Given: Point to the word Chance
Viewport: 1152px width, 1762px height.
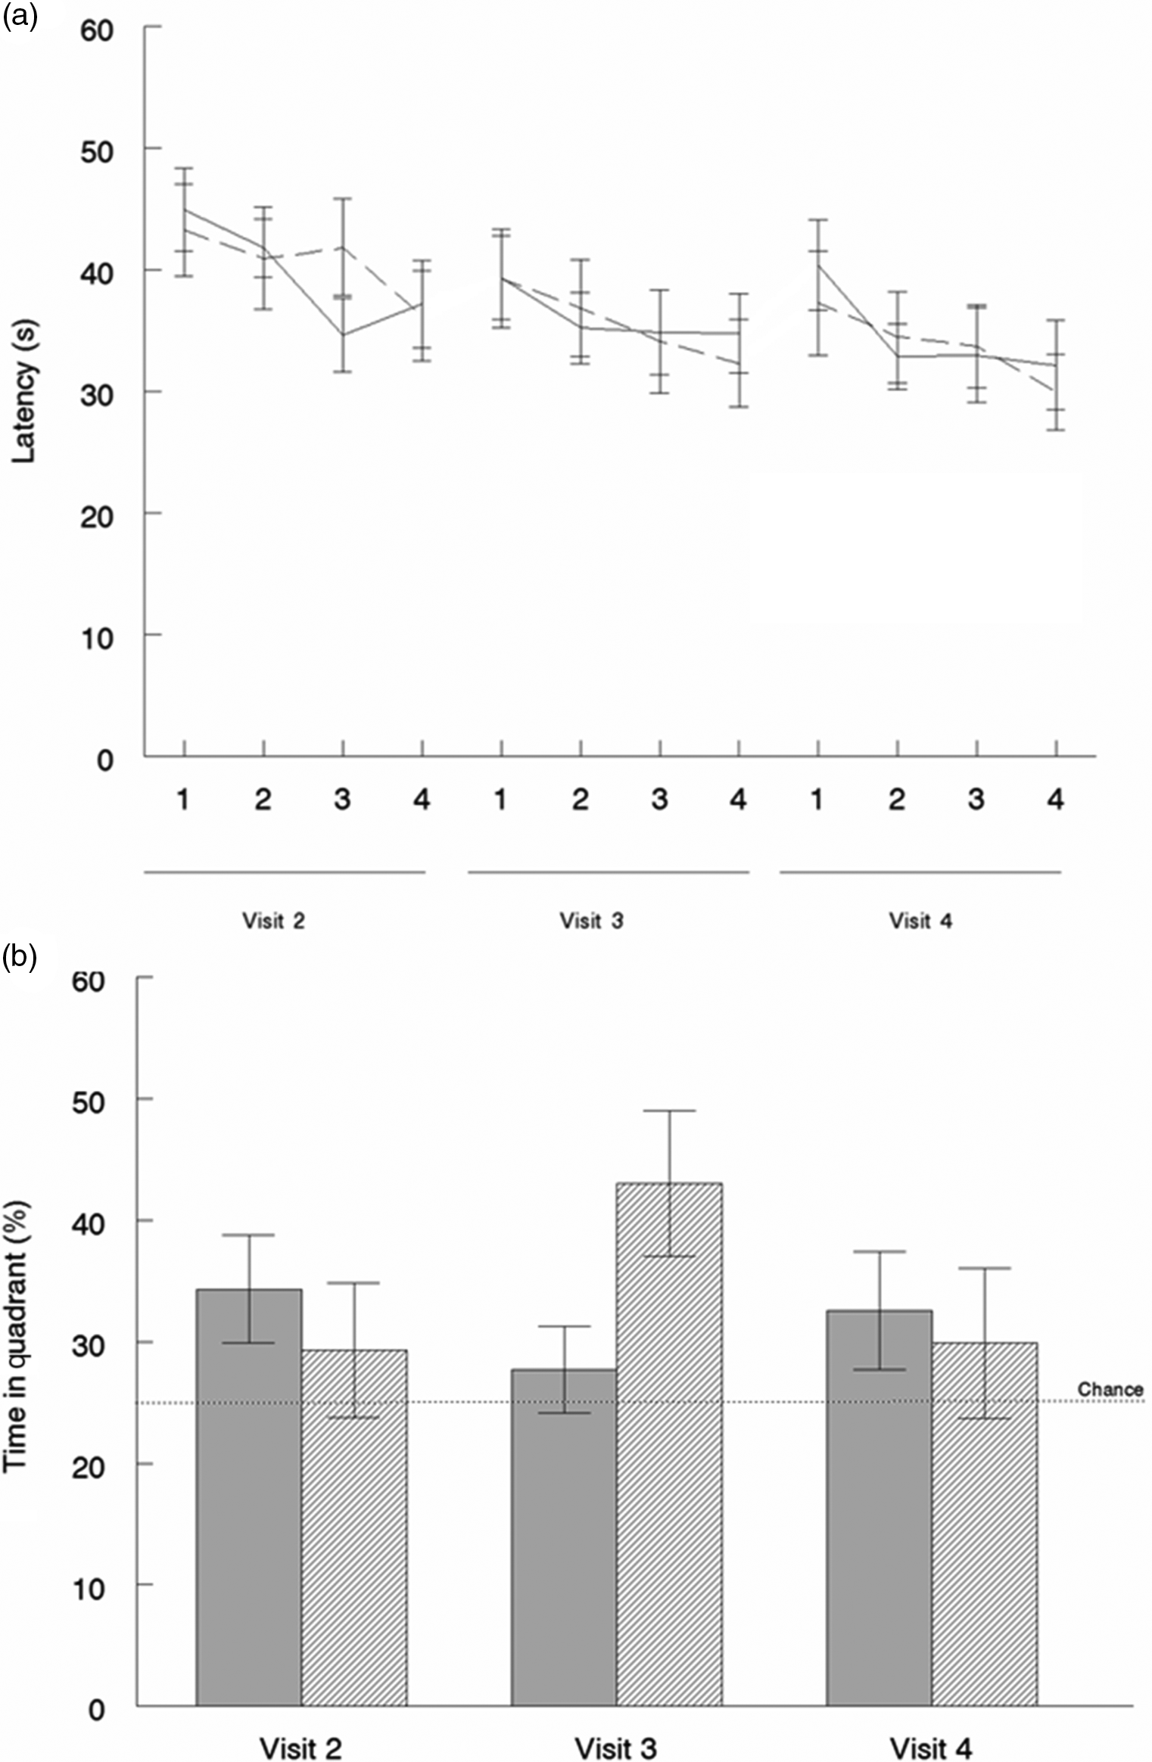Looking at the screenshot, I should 1110,1389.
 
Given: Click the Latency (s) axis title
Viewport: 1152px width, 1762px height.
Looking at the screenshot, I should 24,392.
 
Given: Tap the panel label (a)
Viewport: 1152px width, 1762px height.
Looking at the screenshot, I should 20,17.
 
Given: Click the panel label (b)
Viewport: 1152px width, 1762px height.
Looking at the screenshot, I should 20,959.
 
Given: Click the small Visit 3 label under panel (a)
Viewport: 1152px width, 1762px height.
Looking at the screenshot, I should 591,921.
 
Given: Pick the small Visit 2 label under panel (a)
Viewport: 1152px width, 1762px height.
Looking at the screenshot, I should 273,921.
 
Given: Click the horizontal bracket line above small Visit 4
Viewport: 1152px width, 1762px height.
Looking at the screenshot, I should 920,872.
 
